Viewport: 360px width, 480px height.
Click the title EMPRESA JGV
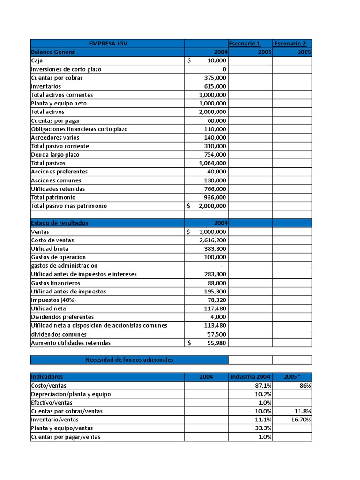pyautogui.click(x=107, y=44)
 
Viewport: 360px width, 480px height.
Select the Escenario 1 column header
pyautogui.click(x=244, y=44)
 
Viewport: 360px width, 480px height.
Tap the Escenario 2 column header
pyautogui.click(x=290, y=44)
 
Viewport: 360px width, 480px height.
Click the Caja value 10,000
pyautogui.click(x=216, y=61)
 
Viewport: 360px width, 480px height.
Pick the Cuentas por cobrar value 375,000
pyautogui.click(x=215, y=78)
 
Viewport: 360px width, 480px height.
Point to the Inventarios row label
pyautogui.click(x=46, y=86)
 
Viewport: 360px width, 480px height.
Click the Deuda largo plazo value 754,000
pyautogui.click(x=215, y=155)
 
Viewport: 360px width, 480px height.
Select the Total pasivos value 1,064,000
pyautogui.click(x=213, y=163)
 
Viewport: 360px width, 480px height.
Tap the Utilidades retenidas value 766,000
pyautogui.click(x=215, y=189)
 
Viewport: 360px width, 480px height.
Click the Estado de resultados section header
pyautogui.click(x=60, y=223)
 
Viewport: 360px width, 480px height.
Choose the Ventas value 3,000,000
pyautogui.click(x=213, y=232)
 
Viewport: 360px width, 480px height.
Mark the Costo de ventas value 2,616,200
pyautogui.click(x=213, y=240)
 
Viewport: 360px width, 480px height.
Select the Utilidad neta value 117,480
pyautogui.click(x=215, y=308)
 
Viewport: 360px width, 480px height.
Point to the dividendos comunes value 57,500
pyautogui.click(x=217, y=334)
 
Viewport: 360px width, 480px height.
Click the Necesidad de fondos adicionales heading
pyautogui.click(x=129, y=360)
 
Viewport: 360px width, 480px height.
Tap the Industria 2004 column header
pyautogui.click(x=250, y=377)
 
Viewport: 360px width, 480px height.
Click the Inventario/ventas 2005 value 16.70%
pyautogui.click(x=301, y=420)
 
